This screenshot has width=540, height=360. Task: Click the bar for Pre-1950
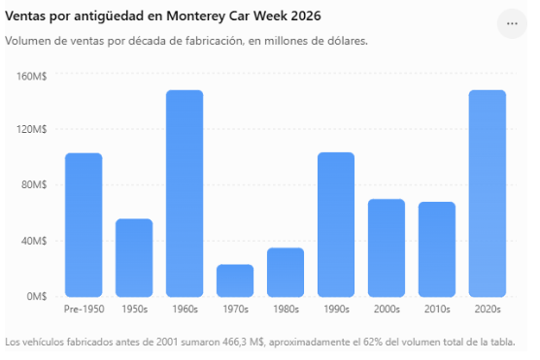click(84, 225)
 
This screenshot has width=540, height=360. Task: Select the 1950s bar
click(134, 258)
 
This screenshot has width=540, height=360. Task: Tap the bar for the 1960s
click(185, 193)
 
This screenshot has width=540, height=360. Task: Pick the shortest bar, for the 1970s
click(235, 280)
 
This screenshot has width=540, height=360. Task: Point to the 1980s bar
click(286, 273)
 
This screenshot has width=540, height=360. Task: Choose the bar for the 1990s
click(336, 224)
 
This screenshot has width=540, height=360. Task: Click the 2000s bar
click(387, 247)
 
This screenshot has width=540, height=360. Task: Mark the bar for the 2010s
click(437, 249)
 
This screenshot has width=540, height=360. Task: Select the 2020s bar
click(488, 193)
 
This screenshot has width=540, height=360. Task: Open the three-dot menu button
click(512, 23)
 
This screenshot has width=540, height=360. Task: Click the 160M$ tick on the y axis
click(32, 76)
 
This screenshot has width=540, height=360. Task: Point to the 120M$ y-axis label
click(32, 129)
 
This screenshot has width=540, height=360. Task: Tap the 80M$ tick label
click(34, 184)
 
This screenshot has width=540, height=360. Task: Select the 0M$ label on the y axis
click(37, 296)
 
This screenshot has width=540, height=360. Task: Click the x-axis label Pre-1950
click(84, 310)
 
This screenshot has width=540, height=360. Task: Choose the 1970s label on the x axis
click(236, 310)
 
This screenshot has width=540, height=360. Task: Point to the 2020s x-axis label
click(488, 310)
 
